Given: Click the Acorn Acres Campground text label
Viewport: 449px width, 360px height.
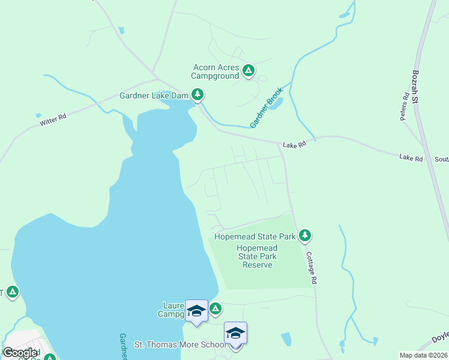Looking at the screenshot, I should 215,72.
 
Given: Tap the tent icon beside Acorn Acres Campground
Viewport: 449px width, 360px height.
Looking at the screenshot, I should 249,71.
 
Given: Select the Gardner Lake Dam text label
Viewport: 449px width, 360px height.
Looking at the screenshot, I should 154,95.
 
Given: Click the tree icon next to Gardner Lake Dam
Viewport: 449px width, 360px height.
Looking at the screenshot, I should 197,94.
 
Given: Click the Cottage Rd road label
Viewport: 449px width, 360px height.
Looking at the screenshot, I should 311,267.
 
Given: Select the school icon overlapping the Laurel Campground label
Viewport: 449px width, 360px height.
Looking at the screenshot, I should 196,311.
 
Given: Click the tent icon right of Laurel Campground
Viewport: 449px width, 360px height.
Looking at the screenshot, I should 215,308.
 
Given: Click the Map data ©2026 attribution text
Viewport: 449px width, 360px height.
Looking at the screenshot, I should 423,355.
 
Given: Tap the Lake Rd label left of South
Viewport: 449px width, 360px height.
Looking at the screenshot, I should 411,158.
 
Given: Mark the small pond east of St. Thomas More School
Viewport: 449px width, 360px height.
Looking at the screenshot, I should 286,339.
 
